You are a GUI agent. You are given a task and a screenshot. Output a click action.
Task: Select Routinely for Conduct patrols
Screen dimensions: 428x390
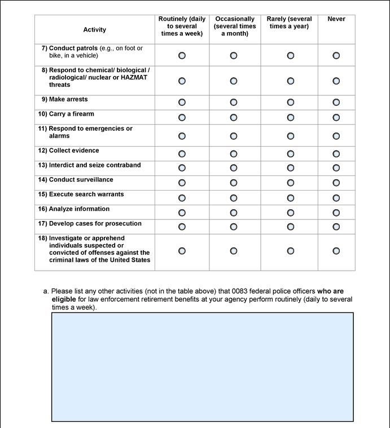tap(182, 56)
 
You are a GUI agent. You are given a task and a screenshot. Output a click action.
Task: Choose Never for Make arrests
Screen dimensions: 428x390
tap(336, 103)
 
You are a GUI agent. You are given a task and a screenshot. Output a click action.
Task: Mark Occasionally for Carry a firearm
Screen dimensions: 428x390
tap(234, 118)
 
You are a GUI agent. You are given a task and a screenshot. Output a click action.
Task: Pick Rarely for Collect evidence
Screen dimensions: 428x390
tap(290, 154)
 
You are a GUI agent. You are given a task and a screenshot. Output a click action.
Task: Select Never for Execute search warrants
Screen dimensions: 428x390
tap(336, 198)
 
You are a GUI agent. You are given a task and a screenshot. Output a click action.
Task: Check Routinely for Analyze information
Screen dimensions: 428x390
tap(182, 213)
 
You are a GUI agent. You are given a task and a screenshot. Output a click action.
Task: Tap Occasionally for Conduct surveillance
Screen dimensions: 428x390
tap(234, 183)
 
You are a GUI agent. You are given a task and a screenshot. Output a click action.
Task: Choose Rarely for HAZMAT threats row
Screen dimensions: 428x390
tap(290, 81)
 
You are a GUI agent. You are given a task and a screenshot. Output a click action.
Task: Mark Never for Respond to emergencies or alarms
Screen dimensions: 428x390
tap(336, 136)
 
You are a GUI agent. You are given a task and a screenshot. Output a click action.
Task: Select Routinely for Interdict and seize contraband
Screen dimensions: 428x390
tap(182, 168)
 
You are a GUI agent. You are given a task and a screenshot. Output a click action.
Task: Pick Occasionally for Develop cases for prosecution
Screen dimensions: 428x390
tap(234, 227)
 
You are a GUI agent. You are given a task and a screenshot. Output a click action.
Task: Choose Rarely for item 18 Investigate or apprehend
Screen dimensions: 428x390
tap(290, 251)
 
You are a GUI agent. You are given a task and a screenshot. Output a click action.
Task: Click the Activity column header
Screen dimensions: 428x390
tap(94, 30)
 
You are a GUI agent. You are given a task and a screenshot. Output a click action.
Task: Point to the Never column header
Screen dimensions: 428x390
tap(336, 19)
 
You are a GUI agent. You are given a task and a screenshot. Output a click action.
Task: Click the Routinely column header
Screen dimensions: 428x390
tap(182, 27)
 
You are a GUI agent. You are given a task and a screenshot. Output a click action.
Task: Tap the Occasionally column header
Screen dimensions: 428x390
tap(235, 27)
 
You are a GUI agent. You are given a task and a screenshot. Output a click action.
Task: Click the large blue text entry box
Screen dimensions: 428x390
tap(203, 367)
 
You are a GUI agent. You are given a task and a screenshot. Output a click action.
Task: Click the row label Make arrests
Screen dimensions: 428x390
tap(68, 99)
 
